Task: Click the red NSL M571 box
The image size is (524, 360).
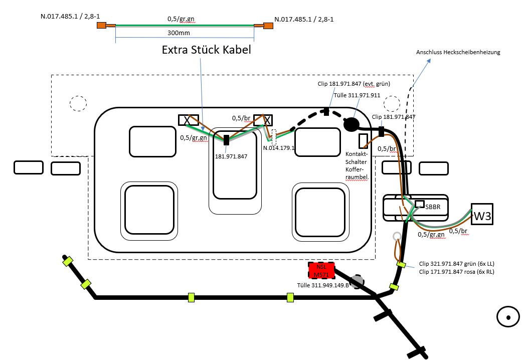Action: click(x=321, y=270)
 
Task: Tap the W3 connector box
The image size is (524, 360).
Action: click(x=482, y=214)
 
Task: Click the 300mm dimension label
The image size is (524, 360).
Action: click(x=179, y=33)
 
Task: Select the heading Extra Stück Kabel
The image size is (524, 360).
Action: click(x=206, y=50)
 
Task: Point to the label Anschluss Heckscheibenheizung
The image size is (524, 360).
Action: click(x=458, y=52)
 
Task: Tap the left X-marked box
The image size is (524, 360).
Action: click(x=189, y=120)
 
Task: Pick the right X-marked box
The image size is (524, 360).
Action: click(x=263, y=120)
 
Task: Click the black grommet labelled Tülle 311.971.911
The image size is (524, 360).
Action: click(x=351, y=125)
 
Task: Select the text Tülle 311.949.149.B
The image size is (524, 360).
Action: click(x=323, y=285)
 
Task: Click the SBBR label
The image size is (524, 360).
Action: click(x=433, y=207)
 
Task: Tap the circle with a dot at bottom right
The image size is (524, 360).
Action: click(x=508, y=317)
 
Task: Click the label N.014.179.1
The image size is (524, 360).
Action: click(x=279, y=148)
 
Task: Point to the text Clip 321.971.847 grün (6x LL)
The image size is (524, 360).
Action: click(x=456, y=264)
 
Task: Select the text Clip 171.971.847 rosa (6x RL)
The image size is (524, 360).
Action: click(x=456, y=272)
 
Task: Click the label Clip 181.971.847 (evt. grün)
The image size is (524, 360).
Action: click(x=354, y=84)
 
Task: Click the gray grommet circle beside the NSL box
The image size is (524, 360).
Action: click(x=357, y=282)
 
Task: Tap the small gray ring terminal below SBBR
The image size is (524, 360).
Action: click(x=397, y=237)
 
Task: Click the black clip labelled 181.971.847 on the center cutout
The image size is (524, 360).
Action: click(x=226, y=140)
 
